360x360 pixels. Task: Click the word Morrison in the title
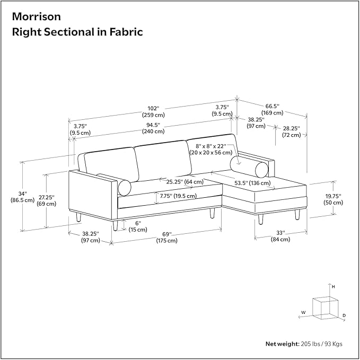(36, 17)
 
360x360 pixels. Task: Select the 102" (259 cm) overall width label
(153, 111)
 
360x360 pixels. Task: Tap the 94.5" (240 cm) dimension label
(153, 128)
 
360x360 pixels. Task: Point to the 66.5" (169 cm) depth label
(273, 110)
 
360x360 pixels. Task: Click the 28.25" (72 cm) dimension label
(292, 131)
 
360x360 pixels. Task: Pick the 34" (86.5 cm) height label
(22, 197)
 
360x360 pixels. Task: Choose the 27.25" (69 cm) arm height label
(46, 200)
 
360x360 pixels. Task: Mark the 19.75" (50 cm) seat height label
(333, 199)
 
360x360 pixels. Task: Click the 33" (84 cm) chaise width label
(280, 236)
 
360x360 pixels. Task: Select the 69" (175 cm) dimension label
(167, 238)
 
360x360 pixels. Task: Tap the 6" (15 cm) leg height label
(138, 226)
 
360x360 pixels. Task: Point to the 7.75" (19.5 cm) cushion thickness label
(178, 196)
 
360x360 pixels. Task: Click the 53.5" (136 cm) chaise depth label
(252, 183)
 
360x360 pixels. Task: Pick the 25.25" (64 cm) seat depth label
(185, 182)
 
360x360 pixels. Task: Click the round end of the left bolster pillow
(125, 188)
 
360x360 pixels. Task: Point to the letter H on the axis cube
(333, 286)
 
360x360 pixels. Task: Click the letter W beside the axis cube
(303, 312)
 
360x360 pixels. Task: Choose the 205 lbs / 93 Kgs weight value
(321, 344)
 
